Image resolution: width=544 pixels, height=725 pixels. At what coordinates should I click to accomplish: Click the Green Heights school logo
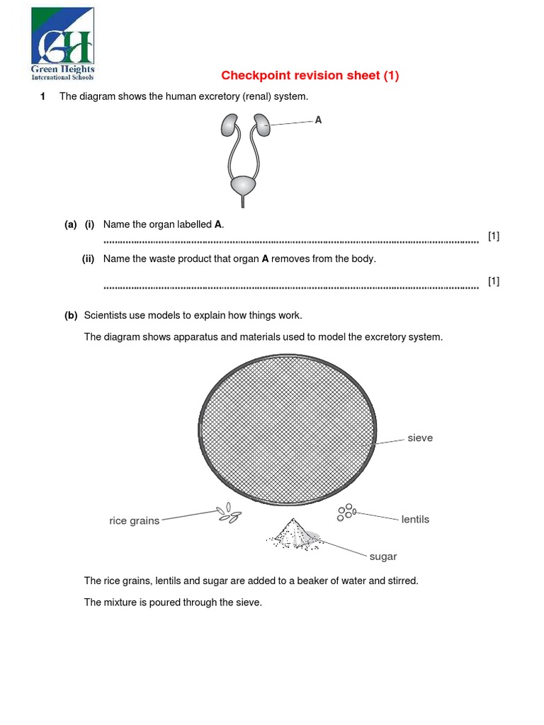[62, 43]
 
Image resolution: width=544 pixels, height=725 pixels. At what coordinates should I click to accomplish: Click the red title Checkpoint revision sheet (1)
[310, 76]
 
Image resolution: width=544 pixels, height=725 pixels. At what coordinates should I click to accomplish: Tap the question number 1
[43, 96]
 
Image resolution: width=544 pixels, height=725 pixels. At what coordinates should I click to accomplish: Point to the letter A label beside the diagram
[318, 120]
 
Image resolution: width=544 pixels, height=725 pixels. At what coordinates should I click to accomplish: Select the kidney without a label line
[229, 125]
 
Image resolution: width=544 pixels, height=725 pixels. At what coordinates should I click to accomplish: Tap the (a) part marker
[70, 224]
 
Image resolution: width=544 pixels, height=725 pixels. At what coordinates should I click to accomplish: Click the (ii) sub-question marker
[88, 259]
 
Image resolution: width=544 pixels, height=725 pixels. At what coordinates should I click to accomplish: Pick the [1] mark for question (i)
[494, 236]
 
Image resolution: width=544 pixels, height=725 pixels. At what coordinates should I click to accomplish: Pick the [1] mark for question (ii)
[494, 281]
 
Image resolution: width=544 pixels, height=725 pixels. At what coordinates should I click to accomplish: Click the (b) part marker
[70, 315]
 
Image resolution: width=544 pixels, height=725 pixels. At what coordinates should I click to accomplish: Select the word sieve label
[420, 438]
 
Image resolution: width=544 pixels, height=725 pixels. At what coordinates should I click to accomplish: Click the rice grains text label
[134, 521]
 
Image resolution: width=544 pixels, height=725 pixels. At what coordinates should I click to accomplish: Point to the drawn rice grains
[228, 513]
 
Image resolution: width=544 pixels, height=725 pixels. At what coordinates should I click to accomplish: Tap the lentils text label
[415, 520]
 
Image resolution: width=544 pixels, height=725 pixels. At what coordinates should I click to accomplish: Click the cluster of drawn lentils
[346, 512]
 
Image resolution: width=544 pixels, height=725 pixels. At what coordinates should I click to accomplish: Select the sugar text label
[382, 556]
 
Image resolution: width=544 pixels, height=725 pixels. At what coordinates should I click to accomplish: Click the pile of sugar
[293, 535]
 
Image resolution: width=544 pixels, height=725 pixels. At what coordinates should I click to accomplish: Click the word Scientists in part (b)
[106, 315]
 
